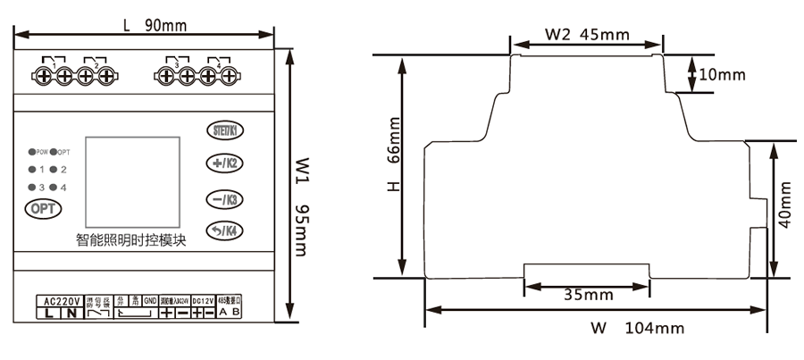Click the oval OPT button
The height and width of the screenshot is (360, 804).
tap(41, 208)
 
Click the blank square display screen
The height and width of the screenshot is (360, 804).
tap(132, 180)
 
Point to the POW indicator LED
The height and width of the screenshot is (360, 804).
tap(31, 152)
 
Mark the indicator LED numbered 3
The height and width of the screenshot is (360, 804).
tap(31, 187)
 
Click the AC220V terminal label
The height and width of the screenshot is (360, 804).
tap(61, 300)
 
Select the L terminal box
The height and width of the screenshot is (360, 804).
tap(48, 313)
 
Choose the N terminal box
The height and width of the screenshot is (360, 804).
tap(71, 313)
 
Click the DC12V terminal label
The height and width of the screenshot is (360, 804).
tap(204, 300)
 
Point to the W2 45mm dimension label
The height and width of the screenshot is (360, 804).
tap(586, 35)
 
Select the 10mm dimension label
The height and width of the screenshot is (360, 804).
tap(722, 74)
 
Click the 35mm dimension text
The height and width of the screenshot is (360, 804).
tap(587, 293)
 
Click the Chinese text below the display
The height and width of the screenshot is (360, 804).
tap(130, 239)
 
